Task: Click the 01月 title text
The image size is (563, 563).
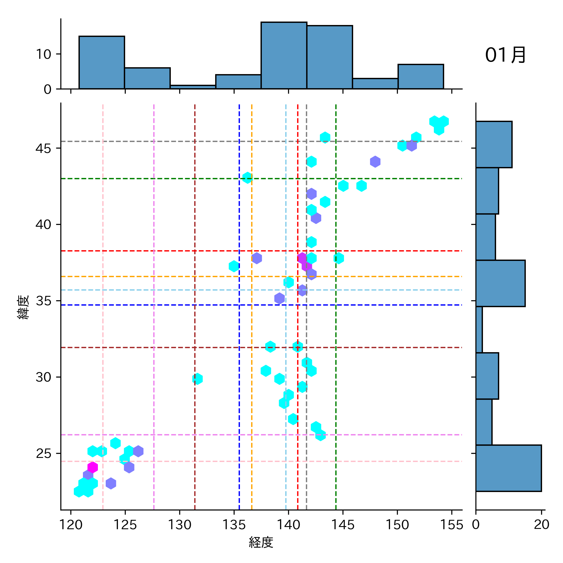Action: tap(505, 55)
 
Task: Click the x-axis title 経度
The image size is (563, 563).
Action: tap(261, 542)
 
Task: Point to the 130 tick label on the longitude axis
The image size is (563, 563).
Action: tap(180, 525)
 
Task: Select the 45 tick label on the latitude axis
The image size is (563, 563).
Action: tap(43, 148)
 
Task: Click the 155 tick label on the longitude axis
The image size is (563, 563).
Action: tap(451, 525)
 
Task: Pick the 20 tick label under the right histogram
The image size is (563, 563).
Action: tap(541, 525)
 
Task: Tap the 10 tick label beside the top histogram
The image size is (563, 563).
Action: tap(43, 54)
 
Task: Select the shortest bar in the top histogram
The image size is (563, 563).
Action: tap(193, 87)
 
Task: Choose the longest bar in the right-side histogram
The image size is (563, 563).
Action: tap(508, 468)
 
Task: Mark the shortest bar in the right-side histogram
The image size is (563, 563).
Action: tap(479, 330)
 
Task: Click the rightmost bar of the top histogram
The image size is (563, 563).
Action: tap(420, 77)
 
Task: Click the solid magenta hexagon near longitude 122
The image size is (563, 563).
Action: tap(93, 467)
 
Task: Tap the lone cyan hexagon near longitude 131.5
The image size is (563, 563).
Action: tap(197, 379)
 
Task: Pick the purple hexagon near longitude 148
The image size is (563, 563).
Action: tap(375, 162)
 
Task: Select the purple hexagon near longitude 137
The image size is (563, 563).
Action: tap(256, 258)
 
